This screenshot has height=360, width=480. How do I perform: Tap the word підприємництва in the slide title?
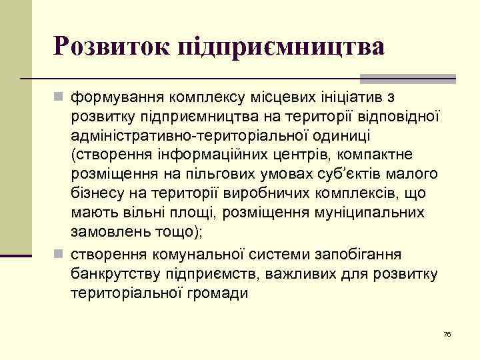[279, 47]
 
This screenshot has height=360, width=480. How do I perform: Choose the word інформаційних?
[211, 155]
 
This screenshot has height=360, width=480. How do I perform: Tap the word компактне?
[383, 155]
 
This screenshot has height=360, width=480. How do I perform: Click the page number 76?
[447, 334]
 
